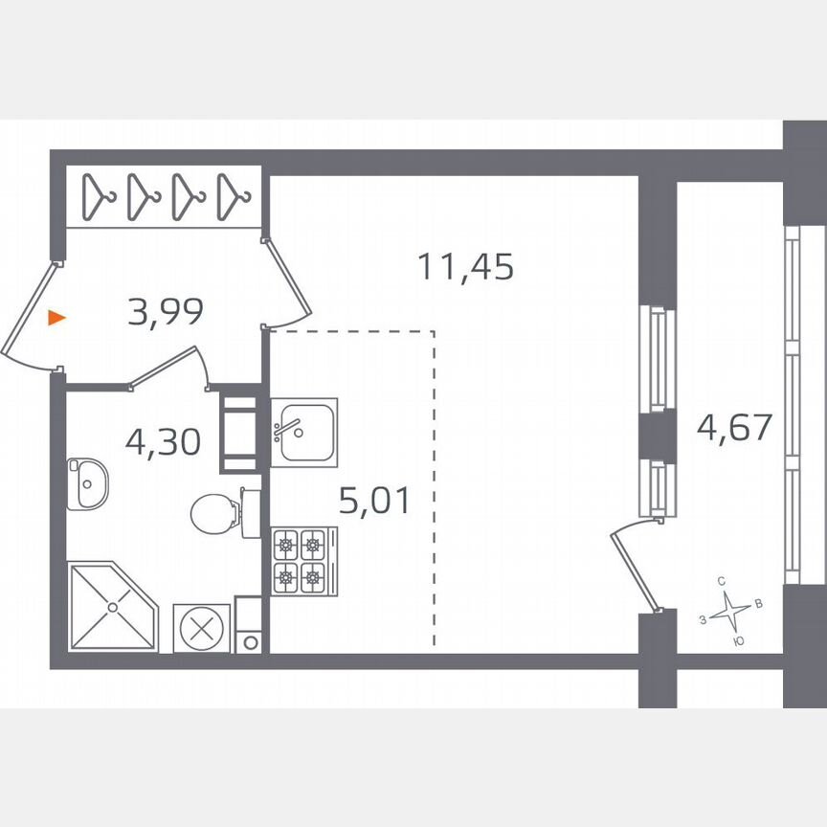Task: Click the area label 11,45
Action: pyautogui.click(x=466, y=266)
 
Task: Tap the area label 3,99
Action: pyautogui.click(x=165, y=312)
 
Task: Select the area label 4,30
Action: pyautogui.click(x=163, y=442)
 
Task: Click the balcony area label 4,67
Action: pyautogui.click(x=734, y=426)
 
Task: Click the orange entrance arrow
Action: pyautogui.click(x=57, y=318)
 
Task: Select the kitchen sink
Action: pyautogui.click(x=302, y=432)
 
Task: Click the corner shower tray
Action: pyautogui.click(x=111, y=606)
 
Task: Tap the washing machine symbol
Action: pyautogui.click(x=202, y=628)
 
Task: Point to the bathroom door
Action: pyautogui.click(x=168, y=368)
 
